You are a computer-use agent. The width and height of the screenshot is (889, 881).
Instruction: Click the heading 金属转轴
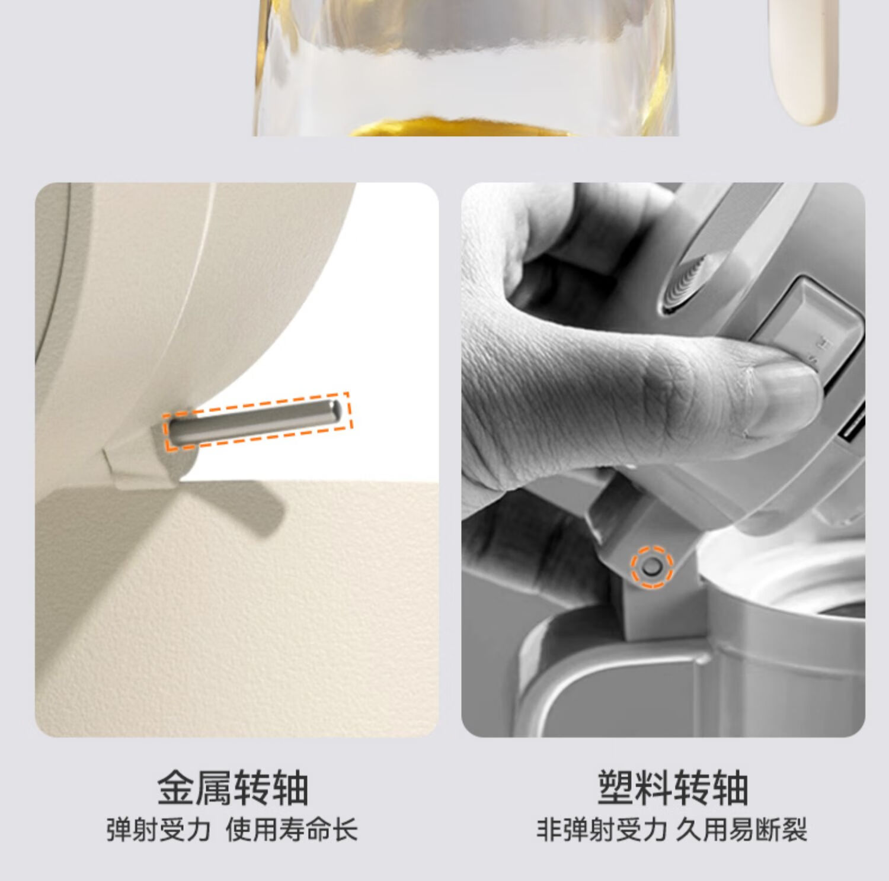point(233,788)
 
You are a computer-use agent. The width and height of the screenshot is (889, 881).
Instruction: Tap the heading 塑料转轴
point(673,788)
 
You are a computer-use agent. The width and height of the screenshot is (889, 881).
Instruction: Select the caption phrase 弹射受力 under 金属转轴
point(158,829)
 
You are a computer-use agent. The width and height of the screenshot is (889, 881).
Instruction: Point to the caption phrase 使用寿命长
point(292,829)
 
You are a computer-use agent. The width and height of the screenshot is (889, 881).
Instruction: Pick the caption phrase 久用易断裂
point(741,829)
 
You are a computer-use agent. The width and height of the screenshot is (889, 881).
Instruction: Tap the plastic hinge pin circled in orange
point(651,567)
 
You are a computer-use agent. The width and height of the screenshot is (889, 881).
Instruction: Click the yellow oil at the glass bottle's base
point(462,127)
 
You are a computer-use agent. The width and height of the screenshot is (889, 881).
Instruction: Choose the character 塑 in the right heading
point(616,788)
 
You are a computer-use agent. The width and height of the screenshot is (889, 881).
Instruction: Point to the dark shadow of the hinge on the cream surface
point(231,503)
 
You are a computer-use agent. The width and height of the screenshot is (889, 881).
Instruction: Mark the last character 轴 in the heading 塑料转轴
point(730,788)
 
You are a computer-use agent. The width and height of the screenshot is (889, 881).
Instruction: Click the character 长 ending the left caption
point(345,829)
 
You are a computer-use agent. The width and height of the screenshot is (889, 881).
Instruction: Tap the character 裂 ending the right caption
point(794,829)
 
